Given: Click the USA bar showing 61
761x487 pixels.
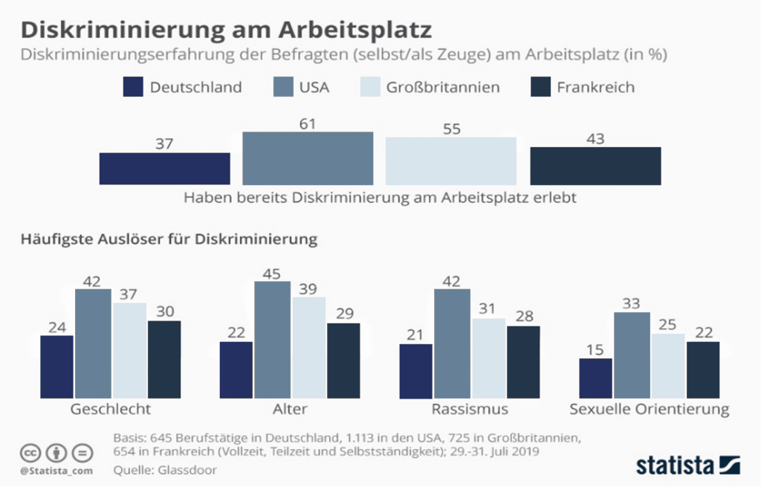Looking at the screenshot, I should pos(308,158).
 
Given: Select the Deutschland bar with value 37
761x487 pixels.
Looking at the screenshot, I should pos(164,168).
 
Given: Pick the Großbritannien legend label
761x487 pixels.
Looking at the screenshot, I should pos(442,87).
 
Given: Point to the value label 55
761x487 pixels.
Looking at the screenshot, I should pos(450,129).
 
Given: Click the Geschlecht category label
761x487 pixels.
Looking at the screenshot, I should pos(111,410).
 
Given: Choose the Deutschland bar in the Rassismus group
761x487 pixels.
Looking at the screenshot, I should pos(415,370).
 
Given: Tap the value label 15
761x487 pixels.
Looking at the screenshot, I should pos(595,349).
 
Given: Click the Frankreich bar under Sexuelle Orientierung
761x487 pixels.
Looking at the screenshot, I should pos(703,370).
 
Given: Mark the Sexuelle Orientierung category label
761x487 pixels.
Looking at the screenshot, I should pos(649,410).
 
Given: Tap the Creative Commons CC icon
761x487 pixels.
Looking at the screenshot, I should pos(30,453).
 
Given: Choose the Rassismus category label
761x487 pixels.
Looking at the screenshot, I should pos(470,410).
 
